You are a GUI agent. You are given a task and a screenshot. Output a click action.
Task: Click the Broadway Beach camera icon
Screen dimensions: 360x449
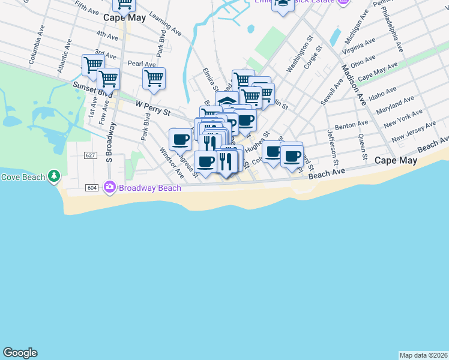[109, 188]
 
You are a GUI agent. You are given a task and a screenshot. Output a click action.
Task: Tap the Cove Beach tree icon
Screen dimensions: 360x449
[55, 176]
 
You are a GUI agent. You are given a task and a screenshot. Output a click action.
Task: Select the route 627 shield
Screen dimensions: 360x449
[91, 155]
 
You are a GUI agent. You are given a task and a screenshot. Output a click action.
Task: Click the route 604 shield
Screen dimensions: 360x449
[92, 188]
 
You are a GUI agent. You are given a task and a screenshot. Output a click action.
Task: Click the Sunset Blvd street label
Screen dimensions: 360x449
[93, 86]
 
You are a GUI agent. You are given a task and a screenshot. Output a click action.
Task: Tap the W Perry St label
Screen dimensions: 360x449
[153, 108]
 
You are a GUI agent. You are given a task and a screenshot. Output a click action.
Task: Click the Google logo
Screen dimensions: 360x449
[20, 353]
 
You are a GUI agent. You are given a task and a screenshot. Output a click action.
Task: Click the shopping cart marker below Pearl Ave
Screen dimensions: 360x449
[154, 78]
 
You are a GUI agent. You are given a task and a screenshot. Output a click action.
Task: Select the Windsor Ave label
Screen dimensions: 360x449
[172, 163]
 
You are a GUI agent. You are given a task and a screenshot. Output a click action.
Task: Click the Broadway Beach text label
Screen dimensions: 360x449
[149, 188]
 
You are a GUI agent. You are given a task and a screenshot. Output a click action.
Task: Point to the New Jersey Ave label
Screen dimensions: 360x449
[414, 132]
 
